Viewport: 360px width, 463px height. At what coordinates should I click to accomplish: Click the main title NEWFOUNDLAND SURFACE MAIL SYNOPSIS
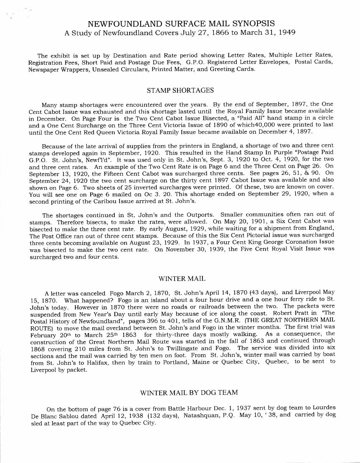(180, 24)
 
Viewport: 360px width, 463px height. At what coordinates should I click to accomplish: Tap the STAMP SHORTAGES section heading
(180, 90)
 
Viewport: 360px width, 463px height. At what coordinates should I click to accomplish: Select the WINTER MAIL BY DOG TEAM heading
(189, 393)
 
